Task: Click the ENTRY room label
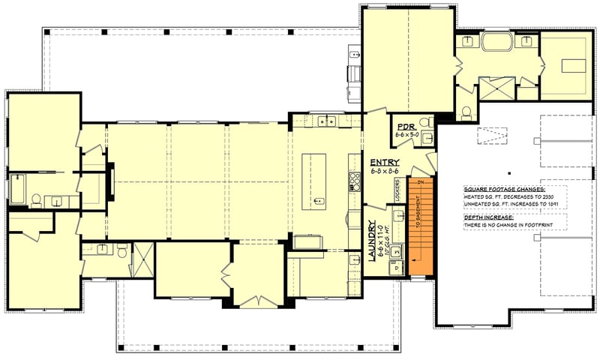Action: [x=384, y=162]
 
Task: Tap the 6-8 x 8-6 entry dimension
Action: [x=384, y=172]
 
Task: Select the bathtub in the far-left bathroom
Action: [x=17, y=189]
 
